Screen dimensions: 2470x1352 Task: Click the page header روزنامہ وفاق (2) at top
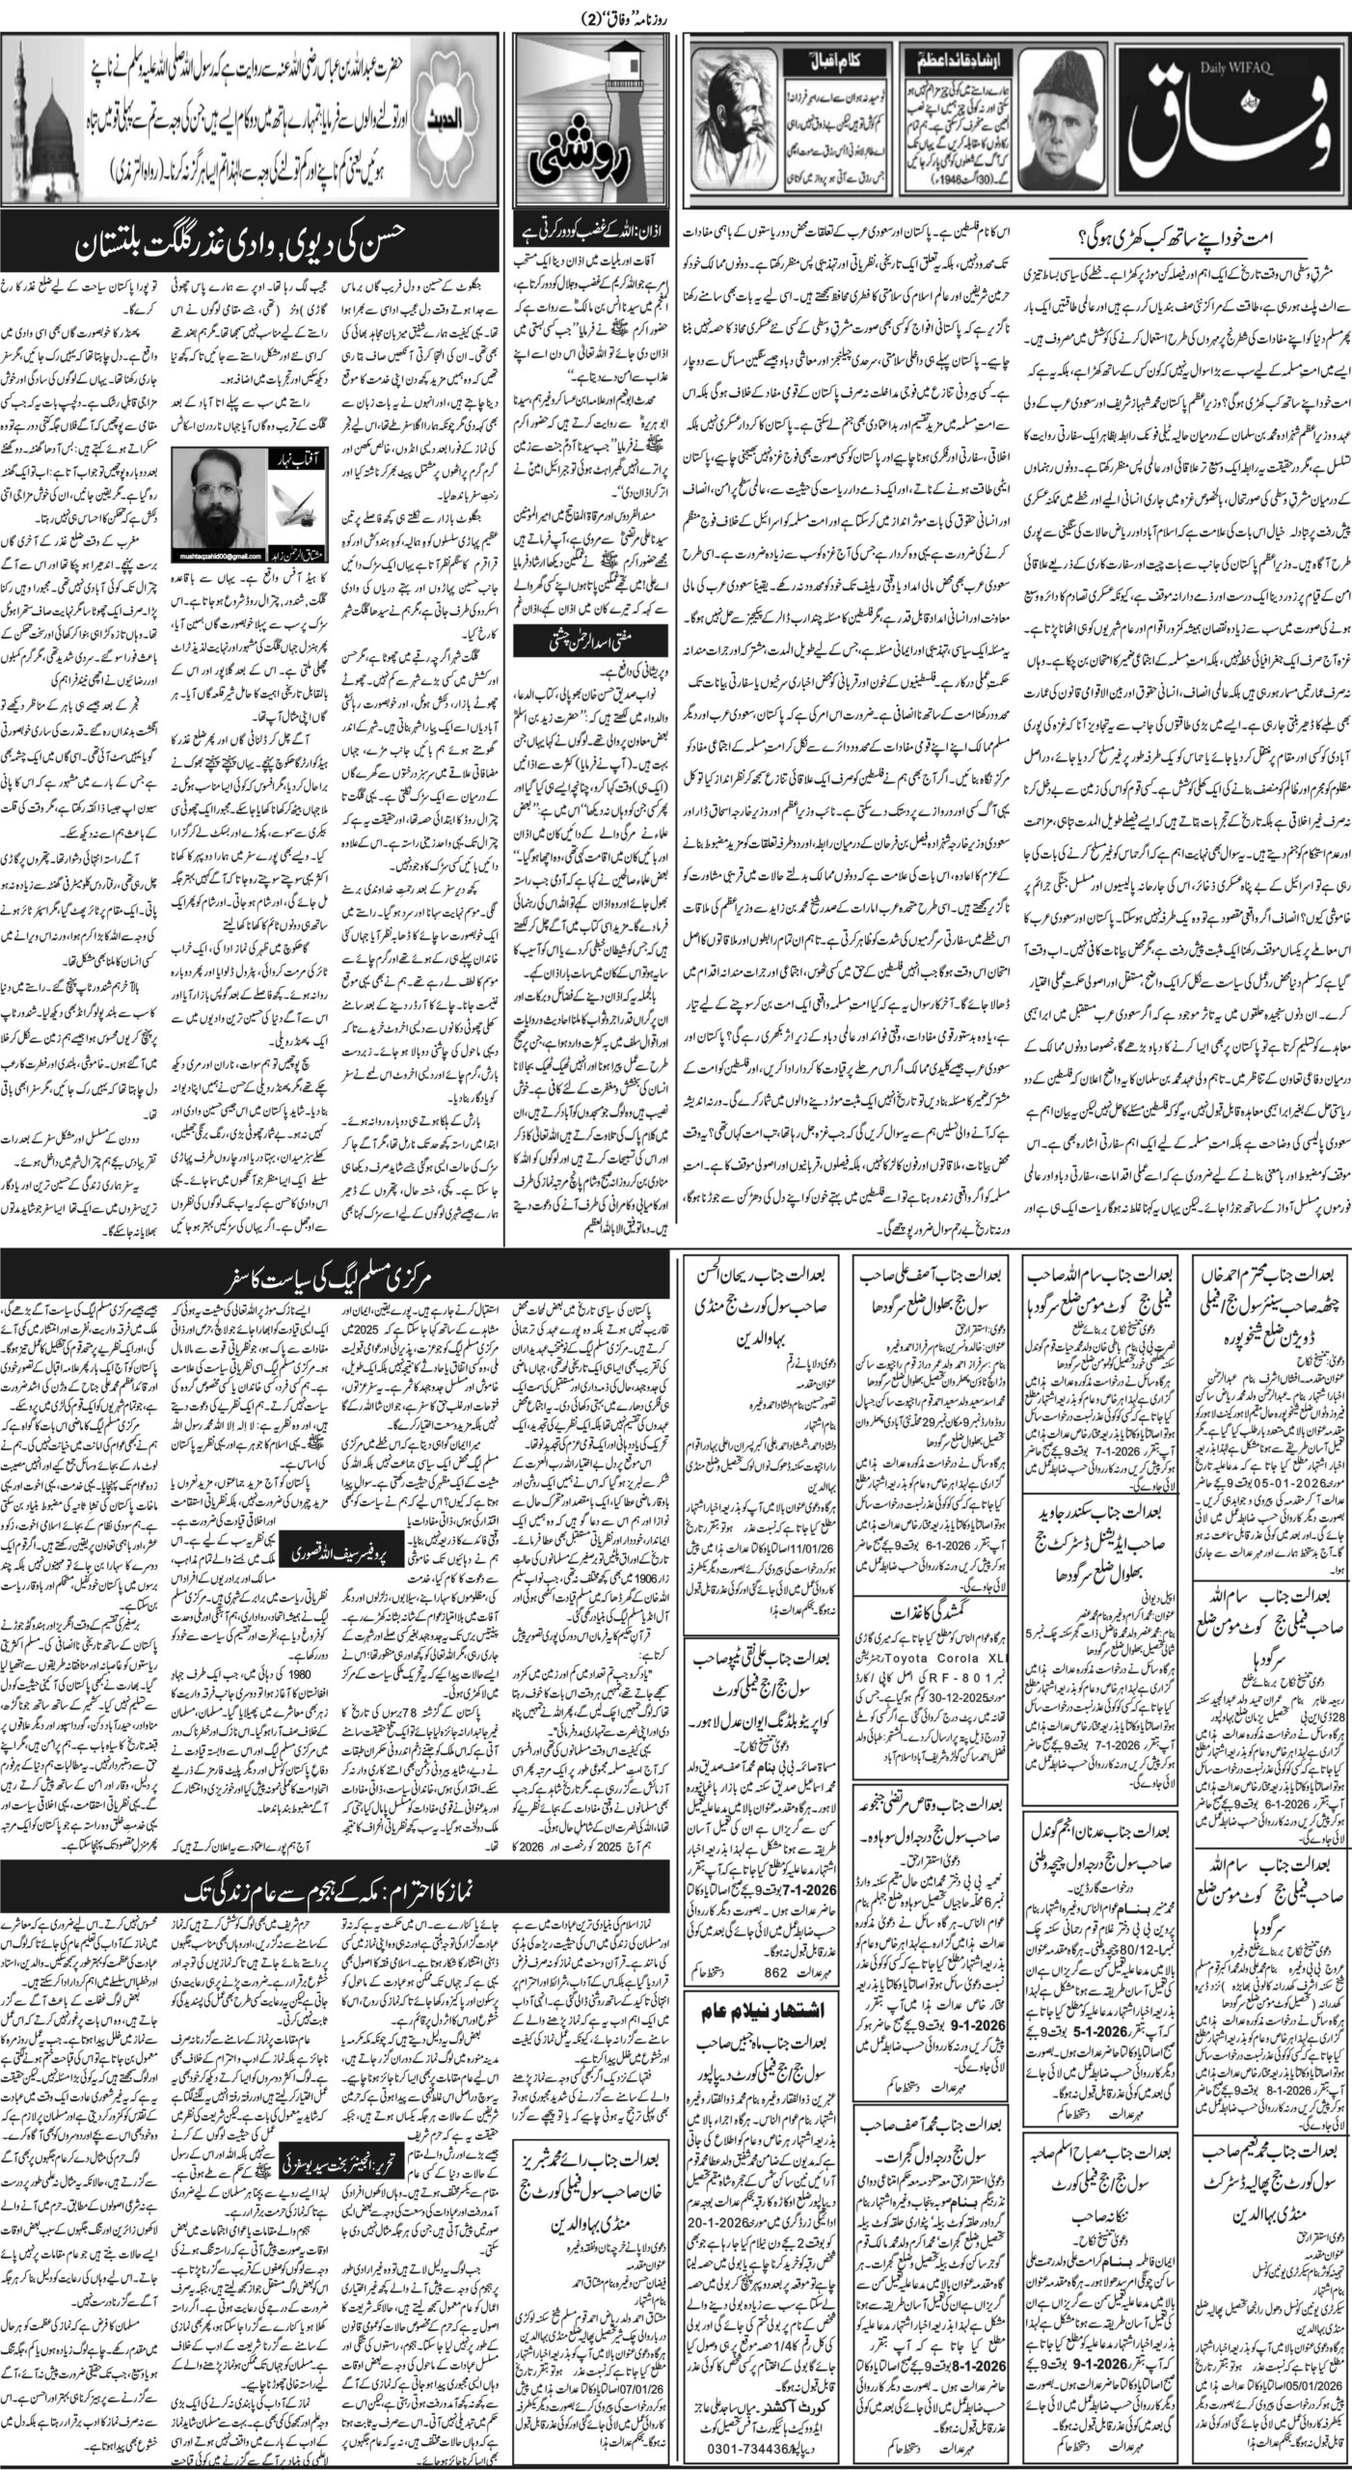click(x=675, y=14)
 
